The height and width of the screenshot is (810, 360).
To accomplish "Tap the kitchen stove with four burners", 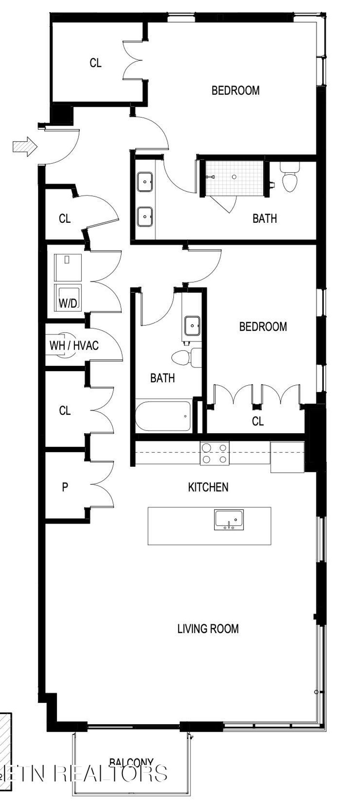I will tap(214, 454).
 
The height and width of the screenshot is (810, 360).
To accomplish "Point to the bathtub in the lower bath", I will tap(163, 416).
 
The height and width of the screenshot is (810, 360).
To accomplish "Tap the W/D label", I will tap(68, 303).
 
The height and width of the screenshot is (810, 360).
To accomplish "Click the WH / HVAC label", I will tap(74, 345).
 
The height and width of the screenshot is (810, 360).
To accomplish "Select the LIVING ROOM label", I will tap(208, 629).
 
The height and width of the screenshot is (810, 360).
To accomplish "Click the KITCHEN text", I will tap(208, 487).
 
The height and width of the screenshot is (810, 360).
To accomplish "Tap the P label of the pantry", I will tap(65, 487).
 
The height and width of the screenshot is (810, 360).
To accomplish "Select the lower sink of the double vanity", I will tap(145, 216).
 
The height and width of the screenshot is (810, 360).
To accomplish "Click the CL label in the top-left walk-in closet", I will tap(95, 63).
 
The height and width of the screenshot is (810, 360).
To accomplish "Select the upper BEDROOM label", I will tap(235, 91).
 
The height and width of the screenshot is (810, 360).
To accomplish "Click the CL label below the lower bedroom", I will tap(258, 421).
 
